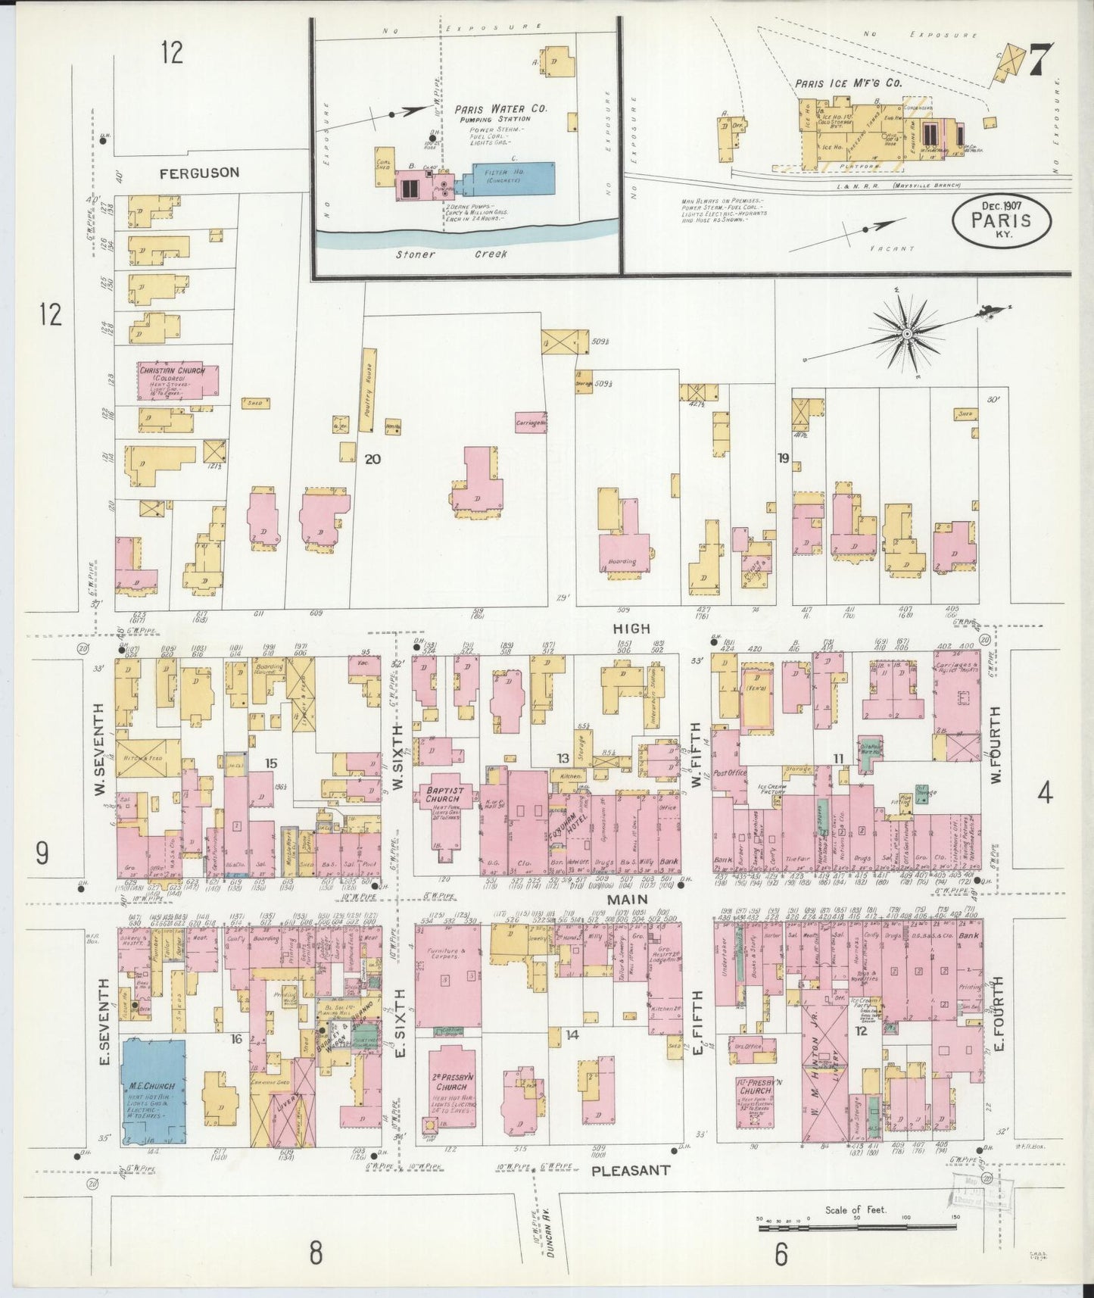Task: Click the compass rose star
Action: click(x=906, y=333)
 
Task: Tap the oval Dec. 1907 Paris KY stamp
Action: click(x=1002, y=220)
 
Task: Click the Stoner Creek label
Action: click(x=451, y=254)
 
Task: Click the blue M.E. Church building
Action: click(x=154, y=1090)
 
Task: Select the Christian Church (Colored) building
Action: click(x=176, y=381)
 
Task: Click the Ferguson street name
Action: click(x=199, y=173)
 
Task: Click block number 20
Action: click(x=371, y=458)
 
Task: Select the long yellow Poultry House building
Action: click(x=369, y=391)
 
